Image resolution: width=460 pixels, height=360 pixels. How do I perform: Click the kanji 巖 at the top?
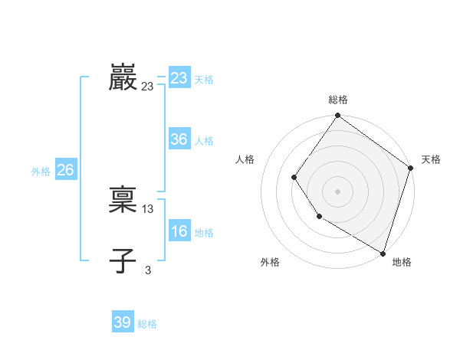tap(123, 78)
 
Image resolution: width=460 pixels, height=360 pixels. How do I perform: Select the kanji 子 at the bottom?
tap(123, 261)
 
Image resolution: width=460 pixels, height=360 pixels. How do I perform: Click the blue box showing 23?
tap(179, 78)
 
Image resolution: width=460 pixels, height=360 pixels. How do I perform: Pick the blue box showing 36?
tap(179, 139)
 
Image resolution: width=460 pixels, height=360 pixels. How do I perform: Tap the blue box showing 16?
tap(179, 231)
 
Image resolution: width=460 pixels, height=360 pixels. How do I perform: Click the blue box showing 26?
tap(65, 170)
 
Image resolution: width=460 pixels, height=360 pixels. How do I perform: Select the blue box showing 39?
tap(123, 322)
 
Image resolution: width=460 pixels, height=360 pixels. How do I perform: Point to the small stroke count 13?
tap(148, 209)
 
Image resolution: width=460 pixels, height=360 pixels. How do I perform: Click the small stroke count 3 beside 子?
tap(148, 270)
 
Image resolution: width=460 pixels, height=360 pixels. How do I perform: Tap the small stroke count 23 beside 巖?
tap(148, 87)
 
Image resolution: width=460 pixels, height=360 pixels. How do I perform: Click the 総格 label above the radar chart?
tap(338, 100)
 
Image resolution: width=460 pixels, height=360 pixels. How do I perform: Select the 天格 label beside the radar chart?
tap(431, 159)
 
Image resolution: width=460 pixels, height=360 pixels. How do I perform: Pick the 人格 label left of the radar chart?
tap(245, 159)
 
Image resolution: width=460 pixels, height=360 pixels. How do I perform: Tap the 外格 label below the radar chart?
tap(270, 262)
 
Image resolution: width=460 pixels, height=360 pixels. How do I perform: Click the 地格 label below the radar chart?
tap(402, 262)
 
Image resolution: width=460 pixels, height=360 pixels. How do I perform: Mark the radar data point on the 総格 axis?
tap(338, 116)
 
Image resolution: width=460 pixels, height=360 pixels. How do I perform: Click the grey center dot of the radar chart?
tap(338, 191)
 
